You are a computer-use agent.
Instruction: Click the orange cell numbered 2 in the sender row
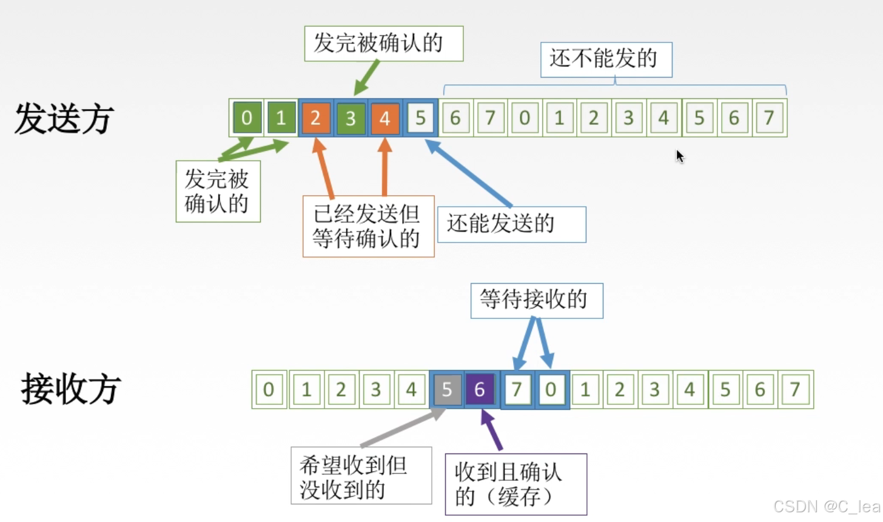pyautogui.click(x=315, y=118)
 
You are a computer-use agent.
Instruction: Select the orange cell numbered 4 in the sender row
pyautogui.click(x=384, y=118)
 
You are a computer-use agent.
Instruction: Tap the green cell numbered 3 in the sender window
pyautogui.click(x=350, y=118)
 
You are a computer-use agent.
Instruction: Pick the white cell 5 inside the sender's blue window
pyautogui.click(x=420, y=118)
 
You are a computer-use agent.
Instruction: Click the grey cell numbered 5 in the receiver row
pyautogui.click(x=446, y=389)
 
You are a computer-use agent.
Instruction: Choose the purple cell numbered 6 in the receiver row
pyautogui.click(x=480, y=389)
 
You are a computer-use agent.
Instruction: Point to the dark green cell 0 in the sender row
pyautogui.click(x=246, y=118)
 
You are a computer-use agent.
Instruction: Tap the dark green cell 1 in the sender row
pyautogui.click(x=281, y=118)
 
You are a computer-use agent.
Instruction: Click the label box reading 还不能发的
pyautogui.click(x=606, y=59)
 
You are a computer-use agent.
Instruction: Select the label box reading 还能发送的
pyautogui.click(x=511, y=224)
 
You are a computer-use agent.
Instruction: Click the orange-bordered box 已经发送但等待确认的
pyautogui.click(x=368, y=226)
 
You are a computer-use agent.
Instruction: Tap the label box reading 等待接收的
pyautogui.click(x=536, y=300)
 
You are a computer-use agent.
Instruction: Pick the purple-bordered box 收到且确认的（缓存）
pyautogui.click(x=515, y=484)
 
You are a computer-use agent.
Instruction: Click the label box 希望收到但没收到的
pyautogui.click(x=361, y=476)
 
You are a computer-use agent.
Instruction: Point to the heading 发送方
pyautogui.click(x=64, y=118)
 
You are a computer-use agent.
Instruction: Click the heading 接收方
pyautogui.click(x=71, y=389)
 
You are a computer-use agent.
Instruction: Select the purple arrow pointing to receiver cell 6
pyautogui.click(x=492, y=430)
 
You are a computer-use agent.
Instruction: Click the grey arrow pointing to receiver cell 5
pyautogui.click(x=403, y=429)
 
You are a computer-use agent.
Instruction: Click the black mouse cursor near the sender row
pyautogui.click(x=680, y=156)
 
